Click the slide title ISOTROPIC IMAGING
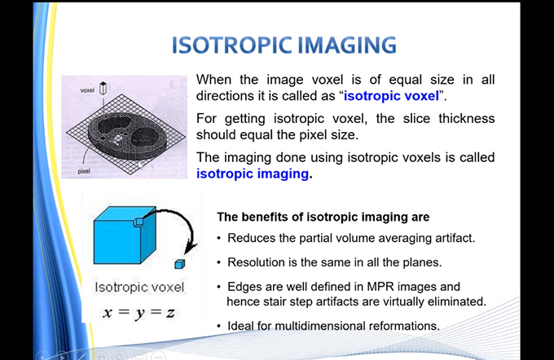284,45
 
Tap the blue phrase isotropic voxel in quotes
392,96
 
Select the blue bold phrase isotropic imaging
253,173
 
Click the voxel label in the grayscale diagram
87,90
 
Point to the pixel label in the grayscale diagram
84,171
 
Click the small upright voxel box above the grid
103,88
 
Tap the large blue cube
125,235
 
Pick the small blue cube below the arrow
180,264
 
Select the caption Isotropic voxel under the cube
139,287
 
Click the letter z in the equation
170,312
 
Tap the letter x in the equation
108,313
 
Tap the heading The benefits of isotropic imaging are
323,217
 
